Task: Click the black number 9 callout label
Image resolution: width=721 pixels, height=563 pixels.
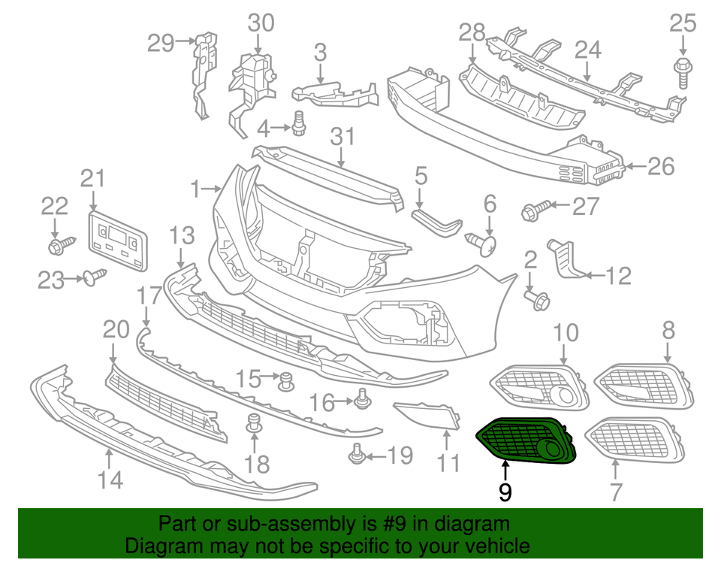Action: pos(505,492)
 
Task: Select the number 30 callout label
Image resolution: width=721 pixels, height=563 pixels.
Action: pos(261,23)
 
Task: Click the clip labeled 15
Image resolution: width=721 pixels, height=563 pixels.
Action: pos(285,381)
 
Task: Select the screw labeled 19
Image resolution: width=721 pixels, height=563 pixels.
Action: pos(358,453)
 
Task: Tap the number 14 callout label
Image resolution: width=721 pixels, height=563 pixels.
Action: pos(110,480)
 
